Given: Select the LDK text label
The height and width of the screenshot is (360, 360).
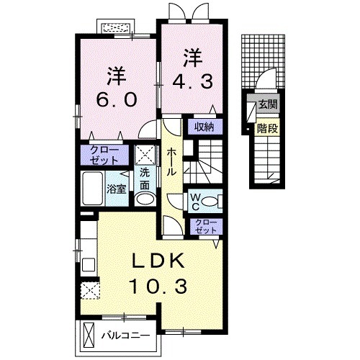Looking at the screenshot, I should [161, 261].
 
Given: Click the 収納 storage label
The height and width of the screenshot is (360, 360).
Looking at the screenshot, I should [204, 127].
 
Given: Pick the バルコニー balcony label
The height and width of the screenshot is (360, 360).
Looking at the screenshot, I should [125, 336].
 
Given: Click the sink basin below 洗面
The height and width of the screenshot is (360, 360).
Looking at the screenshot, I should [145, 199].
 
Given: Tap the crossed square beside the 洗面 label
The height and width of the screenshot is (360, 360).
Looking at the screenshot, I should [145, 155].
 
